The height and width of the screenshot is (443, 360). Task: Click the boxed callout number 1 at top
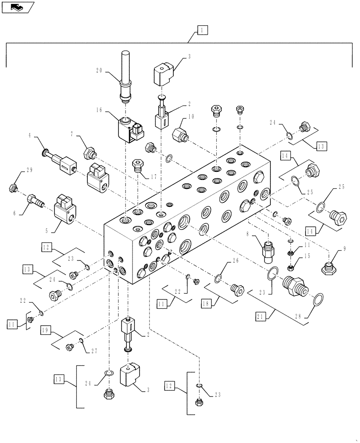pos(202,30)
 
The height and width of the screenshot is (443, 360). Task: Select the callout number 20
pos(99,70)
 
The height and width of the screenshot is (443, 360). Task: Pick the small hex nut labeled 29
pos(12,188)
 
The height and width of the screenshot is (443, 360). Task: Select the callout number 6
pos(15,213)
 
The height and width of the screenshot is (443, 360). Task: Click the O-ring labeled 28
pos(318,301)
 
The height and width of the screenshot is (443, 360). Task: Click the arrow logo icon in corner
pos(17,7)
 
